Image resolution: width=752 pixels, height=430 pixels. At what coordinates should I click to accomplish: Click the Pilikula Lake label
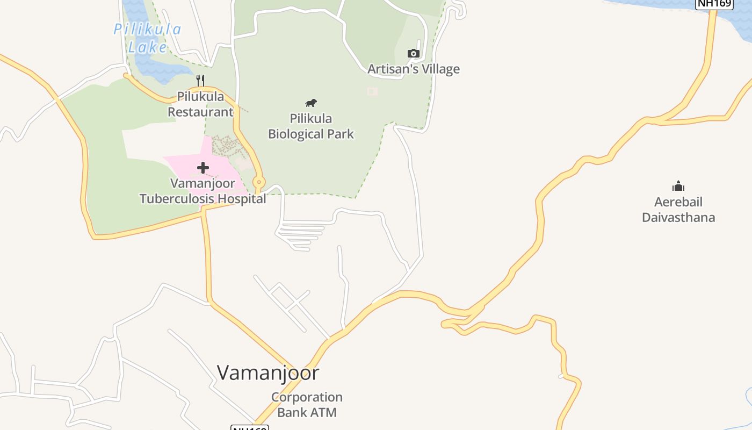tap(147, 38)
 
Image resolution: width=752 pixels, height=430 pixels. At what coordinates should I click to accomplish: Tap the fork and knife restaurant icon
tap(200, 81)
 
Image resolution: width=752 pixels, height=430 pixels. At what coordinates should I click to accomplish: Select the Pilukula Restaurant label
tap(200, 105)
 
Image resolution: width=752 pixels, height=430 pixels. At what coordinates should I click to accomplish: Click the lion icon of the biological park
tap(311, 103)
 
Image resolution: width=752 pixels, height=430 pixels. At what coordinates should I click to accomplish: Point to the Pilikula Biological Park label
tap(311, 126)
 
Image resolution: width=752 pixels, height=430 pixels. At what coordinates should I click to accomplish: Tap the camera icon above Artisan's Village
tap(413, 53)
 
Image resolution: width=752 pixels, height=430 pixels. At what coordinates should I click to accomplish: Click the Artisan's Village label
tap(413, 69)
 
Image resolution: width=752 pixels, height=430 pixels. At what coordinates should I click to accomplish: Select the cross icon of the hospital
tap(203, 168)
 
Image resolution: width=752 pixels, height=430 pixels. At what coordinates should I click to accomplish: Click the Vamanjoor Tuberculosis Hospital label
tap(203, 191)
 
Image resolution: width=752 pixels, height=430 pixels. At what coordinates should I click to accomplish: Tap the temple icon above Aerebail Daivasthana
tap(678, 187)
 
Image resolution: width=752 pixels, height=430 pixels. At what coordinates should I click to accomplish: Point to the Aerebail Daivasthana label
tap(678, 210)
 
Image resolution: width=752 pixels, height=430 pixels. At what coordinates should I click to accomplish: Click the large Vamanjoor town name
tap(268, 372)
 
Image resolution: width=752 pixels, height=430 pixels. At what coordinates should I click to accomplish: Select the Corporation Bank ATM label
tap(307, 405)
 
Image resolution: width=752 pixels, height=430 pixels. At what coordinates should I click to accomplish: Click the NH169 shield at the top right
tap(714, 4)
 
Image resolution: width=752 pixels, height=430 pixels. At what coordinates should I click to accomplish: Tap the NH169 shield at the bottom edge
tap(249, 428)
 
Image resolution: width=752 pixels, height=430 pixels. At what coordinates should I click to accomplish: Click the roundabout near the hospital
tap(258, 182)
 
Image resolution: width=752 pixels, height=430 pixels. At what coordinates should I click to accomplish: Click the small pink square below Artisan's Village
tap(372, 91)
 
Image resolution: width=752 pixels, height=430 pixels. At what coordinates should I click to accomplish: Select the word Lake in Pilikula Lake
tap(147, 47)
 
